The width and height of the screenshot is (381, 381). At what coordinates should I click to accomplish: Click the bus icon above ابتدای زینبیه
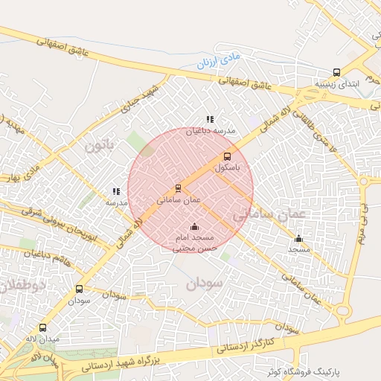(337, 73)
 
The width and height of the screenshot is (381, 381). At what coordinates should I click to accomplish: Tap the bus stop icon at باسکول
(227, 157)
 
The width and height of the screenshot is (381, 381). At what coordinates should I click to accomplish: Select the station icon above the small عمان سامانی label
(178, 188)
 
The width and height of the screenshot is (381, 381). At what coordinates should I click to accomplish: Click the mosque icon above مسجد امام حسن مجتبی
(195, 226)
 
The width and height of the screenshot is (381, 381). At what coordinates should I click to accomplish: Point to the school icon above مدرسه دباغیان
(211, 119)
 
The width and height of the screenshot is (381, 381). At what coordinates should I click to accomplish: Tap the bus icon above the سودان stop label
(79, 289)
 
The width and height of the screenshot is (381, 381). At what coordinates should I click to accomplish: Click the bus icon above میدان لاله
(42, 327)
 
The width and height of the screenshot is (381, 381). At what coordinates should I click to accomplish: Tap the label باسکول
(228, 168)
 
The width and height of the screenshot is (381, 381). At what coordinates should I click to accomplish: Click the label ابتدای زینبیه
(343, 84)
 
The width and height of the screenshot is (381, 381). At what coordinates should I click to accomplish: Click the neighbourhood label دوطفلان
(21, 286)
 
